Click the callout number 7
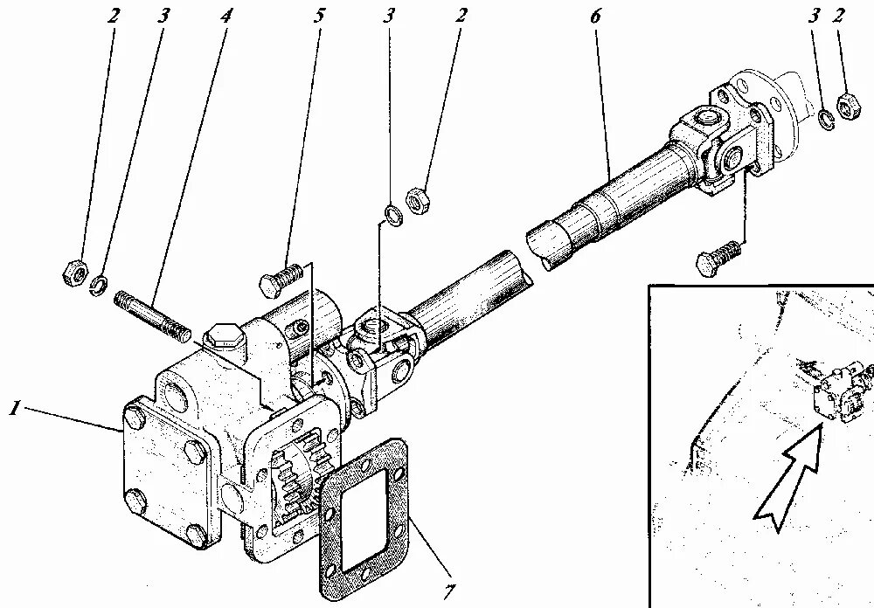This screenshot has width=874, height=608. [x=447, y=591]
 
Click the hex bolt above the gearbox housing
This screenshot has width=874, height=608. [x=281, y=279]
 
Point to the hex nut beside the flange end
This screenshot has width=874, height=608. [x=846, y=106]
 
